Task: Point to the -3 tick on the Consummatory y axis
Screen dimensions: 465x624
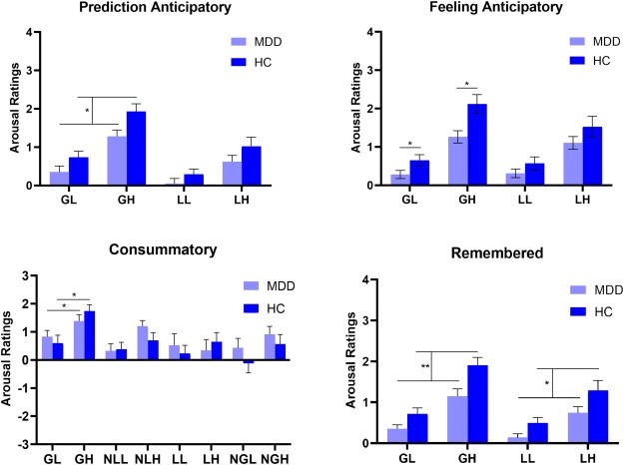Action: coord(34,442)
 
